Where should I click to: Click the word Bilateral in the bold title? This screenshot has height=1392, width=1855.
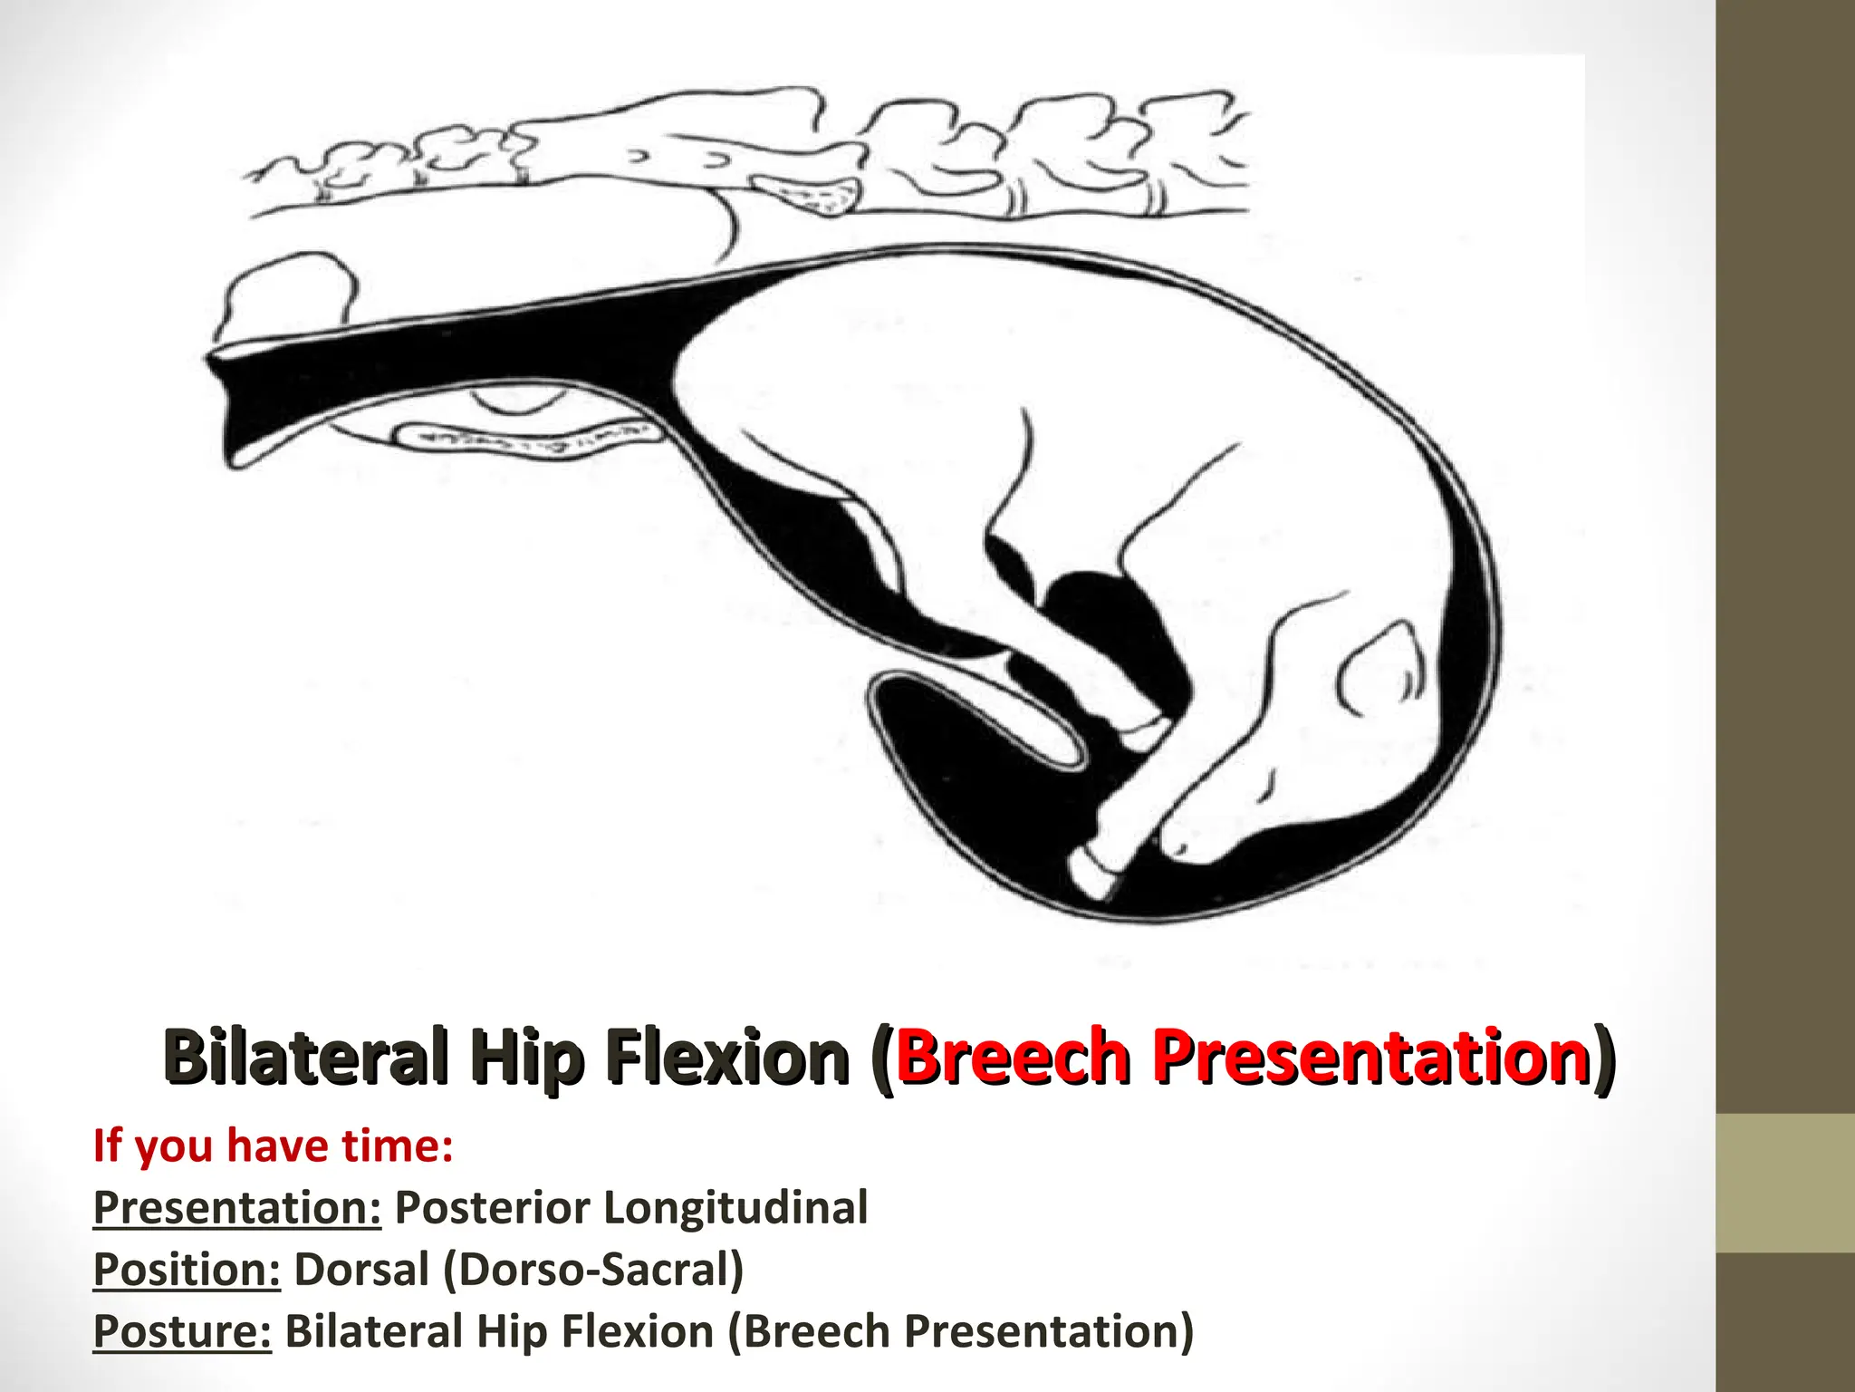[306, 1057]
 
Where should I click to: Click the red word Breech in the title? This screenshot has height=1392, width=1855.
[1014, 1057]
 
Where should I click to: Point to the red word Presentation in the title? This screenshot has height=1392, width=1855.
[1371, 1057]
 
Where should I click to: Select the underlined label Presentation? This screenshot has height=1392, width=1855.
[237, 1207]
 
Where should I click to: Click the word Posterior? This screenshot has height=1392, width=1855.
[493, 1207]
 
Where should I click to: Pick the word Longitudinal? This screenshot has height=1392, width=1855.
[735, 1209]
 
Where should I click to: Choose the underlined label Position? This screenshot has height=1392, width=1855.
[187, 1269]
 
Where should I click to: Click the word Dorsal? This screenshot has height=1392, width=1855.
[361, 1269]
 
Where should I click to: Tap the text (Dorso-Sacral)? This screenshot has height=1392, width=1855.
[593, 1271]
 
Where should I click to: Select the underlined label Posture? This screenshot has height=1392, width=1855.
[182, 1331]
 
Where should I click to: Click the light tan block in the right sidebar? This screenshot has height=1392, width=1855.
[1785, 1183]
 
